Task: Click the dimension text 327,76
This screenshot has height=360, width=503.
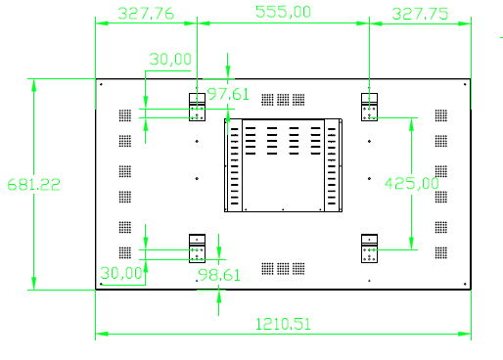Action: pos(145,13)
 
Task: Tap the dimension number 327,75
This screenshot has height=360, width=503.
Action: pos(419,13)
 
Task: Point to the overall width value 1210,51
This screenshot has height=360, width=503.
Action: pos(283,323)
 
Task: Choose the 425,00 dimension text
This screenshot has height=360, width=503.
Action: pos(411,183)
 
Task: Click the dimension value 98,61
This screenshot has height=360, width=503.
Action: pos(218,275)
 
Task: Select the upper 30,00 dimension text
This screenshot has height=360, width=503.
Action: pos(170,59)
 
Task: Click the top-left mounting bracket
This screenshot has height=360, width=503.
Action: pos(199,107)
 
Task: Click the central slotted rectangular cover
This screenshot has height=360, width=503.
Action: pos(283,163)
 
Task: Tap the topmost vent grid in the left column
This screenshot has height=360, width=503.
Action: pos(124,114)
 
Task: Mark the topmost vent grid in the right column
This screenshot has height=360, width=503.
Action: pos(441,114)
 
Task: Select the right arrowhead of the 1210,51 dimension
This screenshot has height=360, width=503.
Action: pos(465,334)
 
